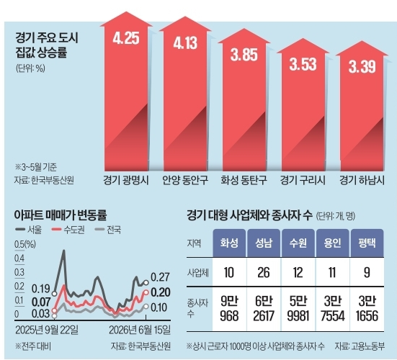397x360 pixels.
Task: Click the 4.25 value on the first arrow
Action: point(126,38)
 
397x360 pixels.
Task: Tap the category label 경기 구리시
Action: point(303,181)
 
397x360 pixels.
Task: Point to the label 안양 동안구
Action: point(185,181)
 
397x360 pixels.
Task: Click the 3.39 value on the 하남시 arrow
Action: point(362,67)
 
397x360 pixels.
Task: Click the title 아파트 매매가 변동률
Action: point(61,215)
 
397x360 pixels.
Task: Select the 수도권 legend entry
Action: point(68,230)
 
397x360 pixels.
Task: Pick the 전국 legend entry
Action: point(108,230)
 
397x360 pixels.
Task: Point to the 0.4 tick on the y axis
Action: point(19,258)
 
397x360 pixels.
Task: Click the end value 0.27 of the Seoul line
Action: point(160,277)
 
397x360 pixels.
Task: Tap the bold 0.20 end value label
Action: point(161,292)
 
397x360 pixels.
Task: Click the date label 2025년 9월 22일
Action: point(47,330)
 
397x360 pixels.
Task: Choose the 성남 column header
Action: point(264,243)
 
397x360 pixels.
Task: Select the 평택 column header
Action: point(367,243)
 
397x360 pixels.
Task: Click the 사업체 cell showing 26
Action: point(263,272)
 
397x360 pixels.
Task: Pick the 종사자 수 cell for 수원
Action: point(298,309)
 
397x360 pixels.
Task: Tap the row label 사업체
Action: point(198,273)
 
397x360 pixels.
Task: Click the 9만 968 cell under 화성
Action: point(229,309)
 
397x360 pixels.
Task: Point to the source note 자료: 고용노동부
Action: point(360,346)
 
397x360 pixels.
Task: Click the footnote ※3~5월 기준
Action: point(36,167)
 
